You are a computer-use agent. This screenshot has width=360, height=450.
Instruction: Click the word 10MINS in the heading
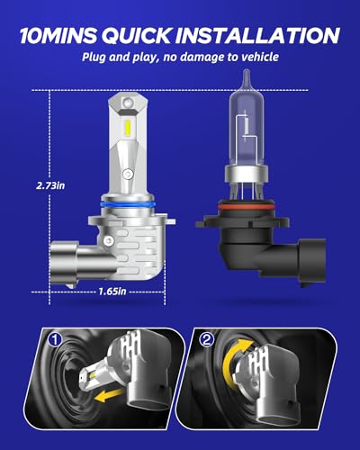pyautogui.click(x=58, y=36)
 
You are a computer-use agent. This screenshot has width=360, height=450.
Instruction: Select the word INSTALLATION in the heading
pyautogui.click(x=257, y=36)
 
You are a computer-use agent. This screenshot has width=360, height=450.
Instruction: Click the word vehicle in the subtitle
pyautogui.click(x=260, y=57)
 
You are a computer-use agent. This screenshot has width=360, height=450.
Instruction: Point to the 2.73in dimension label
pyautogui.click(x=50, y=185)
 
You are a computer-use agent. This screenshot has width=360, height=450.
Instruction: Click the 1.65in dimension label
pyautogui.click(x=112, y=291)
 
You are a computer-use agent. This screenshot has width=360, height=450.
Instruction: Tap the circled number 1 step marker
pyautogui.click(x=56, y=340)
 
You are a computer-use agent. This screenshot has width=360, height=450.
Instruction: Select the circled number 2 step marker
pyautogui.click(x=207, y=340)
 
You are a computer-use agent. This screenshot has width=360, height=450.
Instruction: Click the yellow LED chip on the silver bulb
pyautogui.click(x=127, y=127)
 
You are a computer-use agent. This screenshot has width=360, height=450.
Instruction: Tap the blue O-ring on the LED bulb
pyautogui.click(x=128, y=204)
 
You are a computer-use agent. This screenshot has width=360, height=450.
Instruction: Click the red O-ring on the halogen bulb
pyautogui.click(x=242, y=207)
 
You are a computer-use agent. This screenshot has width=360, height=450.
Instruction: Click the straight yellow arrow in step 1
pyautogui.click(x=109, y=394)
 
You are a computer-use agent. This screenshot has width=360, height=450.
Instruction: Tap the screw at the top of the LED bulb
pyautogui.click(x=128, y=102)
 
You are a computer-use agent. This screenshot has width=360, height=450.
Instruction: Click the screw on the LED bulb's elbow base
pyautogui.click(x=109, y=240)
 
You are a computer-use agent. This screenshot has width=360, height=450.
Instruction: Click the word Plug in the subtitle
pyautogui.click(x=94, y=57)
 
